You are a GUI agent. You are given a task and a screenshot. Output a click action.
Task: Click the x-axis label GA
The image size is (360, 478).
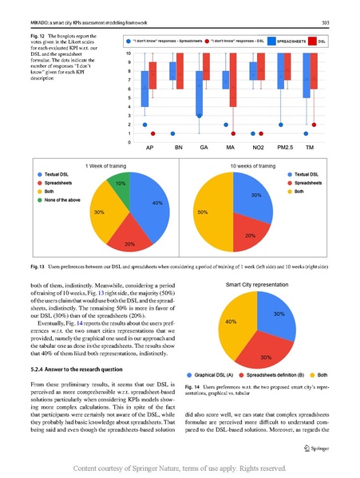coord(204,148)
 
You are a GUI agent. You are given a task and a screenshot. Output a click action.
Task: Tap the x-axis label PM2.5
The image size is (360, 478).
coord(283,148)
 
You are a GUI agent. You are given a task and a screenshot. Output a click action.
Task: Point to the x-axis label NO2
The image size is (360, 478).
coord(257,148)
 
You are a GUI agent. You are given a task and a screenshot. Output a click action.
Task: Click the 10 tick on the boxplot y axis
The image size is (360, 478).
coord(129,53)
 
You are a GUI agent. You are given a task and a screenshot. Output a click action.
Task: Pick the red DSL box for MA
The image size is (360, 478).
coord(233,84)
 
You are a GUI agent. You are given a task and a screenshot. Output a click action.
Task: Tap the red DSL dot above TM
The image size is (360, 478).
coord(314,133)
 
